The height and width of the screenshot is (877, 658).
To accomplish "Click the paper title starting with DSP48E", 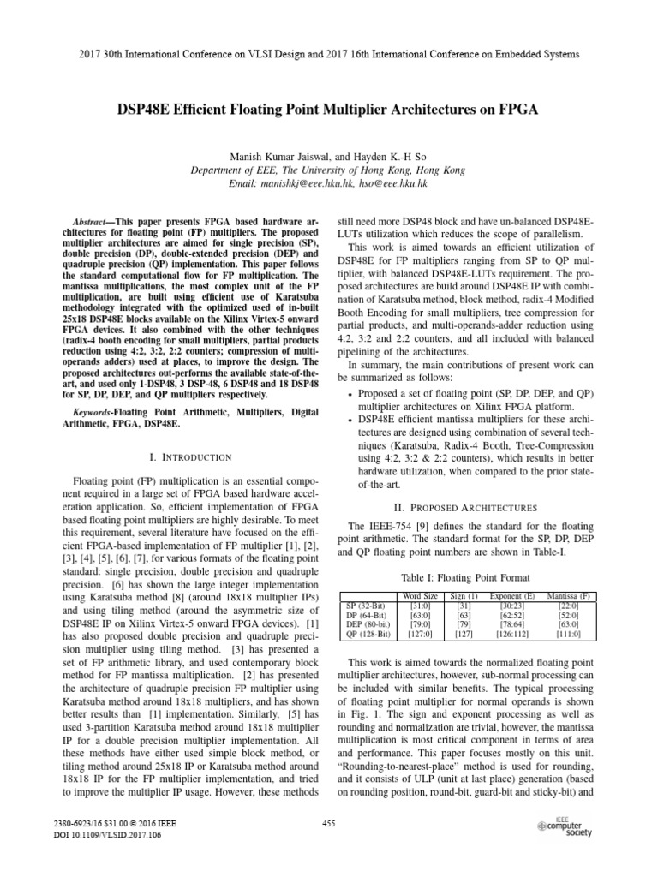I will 328,111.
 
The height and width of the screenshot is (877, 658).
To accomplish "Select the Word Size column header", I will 420,595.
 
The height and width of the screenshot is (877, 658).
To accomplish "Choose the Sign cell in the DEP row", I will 463,624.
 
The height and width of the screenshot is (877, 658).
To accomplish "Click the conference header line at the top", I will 328,53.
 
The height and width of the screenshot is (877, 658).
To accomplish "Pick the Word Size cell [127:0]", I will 420,634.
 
